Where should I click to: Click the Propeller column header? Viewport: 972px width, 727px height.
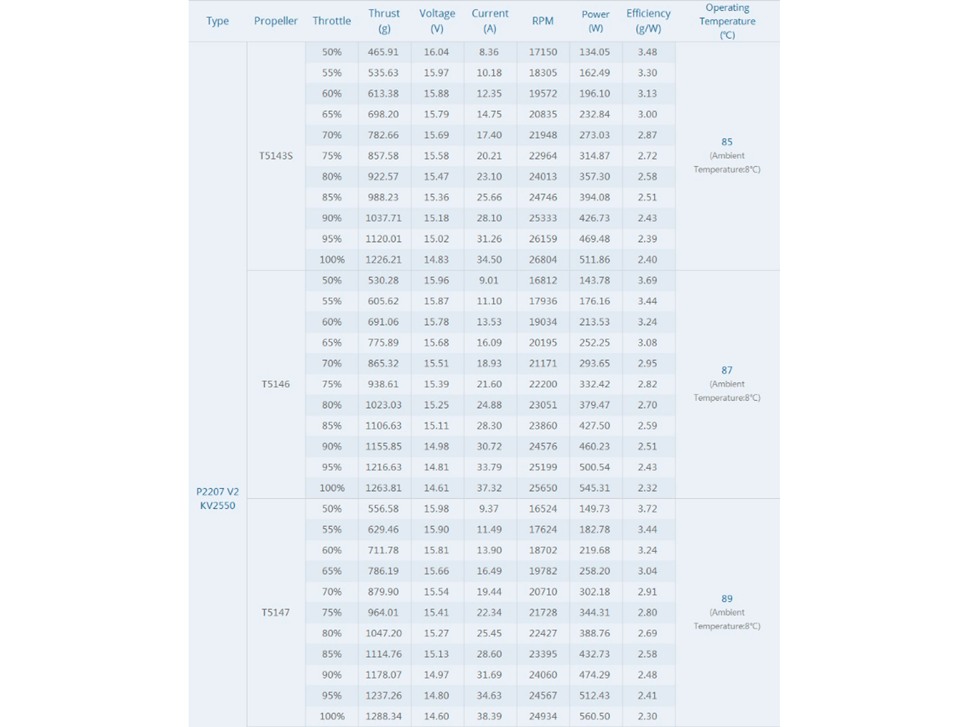click(275, 21)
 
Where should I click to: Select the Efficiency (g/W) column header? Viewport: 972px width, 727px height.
click(648, 21)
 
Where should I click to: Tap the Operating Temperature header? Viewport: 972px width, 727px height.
click(727, 21)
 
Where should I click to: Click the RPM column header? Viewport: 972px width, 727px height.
click(543, 21)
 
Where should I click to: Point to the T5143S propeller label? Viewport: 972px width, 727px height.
click(275, 156)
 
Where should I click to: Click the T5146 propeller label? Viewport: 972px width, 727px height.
click(275, 384)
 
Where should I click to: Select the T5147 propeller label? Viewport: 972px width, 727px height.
click(275, 612)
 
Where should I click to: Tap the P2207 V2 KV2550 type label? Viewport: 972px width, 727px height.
click(217, 498)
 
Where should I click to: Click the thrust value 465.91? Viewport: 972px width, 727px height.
click(383, 52)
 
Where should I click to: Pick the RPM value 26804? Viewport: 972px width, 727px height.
click(543, 260)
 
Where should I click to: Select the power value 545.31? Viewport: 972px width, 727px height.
click(595, 488)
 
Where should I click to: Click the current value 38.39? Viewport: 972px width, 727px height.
click(489, 716)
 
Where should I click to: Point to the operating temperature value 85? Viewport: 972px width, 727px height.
click(727, 142)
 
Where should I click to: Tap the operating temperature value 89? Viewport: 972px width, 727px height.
click(727, 599)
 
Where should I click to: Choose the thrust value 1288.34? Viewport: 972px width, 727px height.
click(383, 716)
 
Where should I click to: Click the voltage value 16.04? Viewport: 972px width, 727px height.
click(436, 52)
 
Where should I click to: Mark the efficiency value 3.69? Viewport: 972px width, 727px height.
click(647, 280)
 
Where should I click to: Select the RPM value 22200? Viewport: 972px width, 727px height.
click(543, 384)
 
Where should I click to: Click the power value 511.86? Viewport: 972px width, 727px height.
click(595, 260)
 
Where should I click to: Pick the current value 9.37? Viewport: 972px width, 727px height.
click(489, 509)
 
